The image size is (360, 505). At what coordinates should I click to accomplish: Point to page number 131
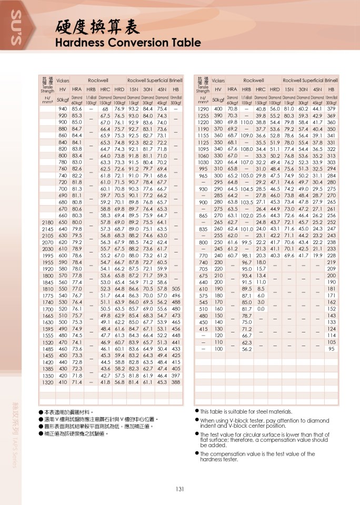point(179,489)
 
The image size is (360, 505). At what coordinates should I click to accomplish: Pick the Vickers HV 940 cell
point(63,109)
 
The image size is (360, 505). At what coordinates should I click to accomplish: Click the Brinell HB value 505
point(176,289)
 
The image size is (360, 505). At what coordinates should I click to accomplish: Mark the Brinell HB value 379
point(331,109)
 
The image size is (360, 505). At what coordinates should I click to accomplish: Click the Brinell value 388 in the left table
point(176,382)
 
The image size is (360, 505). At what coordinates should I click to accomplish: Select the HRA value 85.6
point(77,109)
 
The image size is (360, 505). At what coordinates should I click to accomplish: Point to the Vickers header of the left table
point(63,80)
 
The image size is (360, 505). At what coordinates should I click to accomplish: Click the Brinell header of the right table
point(331,80)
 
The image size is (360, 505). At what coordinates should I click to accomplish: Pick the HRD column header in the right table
point(275,89)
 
